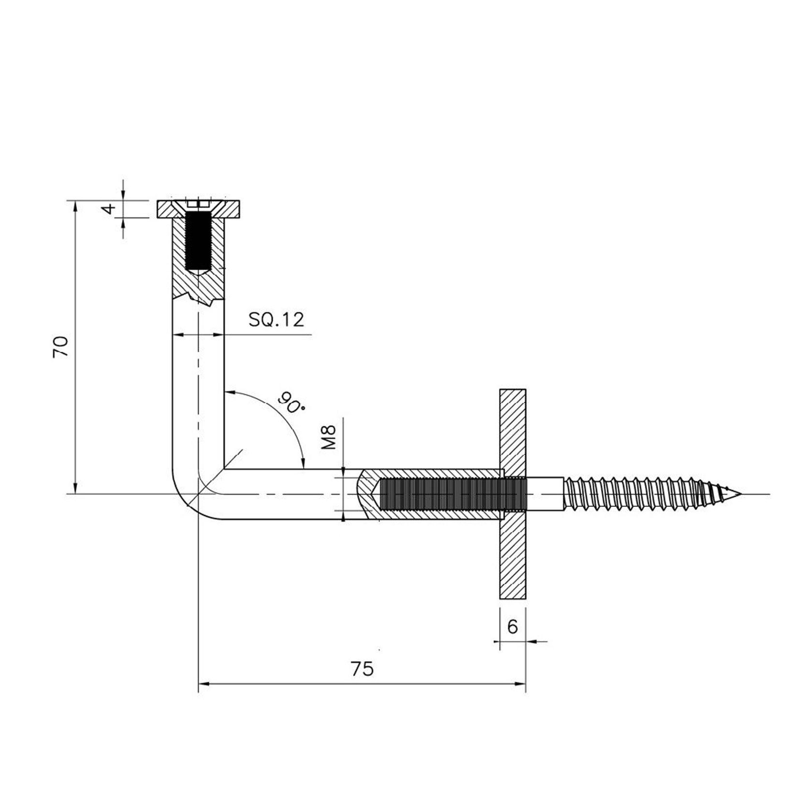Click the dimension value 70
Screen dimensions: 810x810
point(61,347)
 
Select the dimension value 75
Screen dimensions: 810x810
point(362,669)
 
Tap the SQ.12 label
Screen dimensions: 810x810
point(276,319)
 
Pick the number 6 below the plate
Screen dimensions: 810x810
point(512,627)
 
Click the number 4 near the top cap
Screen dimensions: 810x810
point(110,209)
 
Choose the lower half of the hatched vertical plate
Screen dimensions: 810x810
point(513,561)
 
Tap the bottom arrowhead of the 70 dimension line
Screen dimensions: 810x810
point(75,489)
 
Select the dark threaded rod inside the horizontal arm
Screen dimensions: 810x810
point(445,493)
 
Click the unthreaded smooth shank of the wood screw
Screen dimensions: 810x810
point(545,493)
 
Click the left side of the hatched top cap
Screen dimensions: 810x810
point(167,209)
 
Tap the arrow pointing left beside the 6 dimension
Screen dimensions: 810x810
point(535,642)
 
